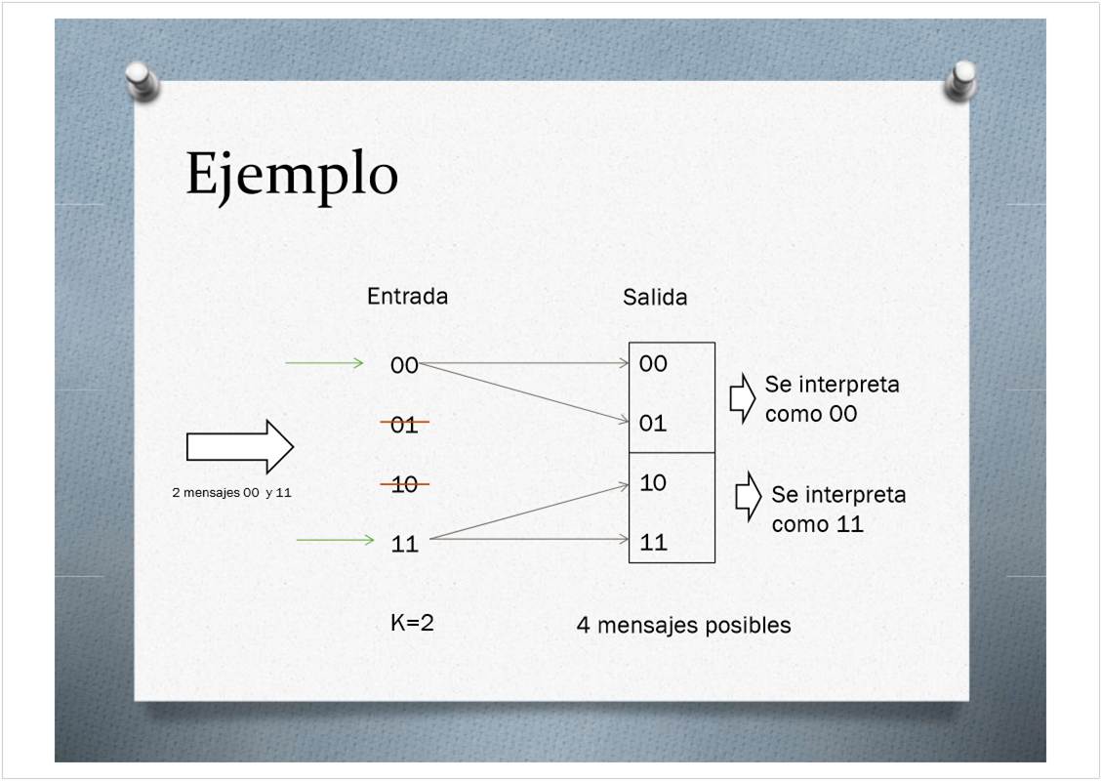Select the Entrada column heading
[x=407, y=297]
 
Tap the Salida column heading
[x=654, y=297]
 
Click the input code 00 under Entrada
[x=404, y=365]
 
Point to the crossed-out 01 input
[x=404, y=425]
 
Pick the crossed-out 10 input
[x=404, y=484]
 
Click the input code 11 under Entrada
[x=404, y=544]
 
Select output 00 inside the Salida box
[x=653, y=363]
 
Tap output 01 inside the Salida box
[x=653, y=423]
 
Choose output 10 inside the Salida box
[x=653, y=482]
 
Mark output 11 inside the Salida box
[x=653, y=542]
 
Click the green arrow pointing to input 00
[x=324, y=362]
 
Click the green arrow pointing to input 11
[x=336, y=540]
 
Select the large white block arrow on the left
[x=239, y=447]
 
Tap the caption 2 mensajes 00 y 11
[x=231, y=492]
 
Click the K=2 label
[x=412, y=622]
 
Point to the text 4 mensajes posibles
[x=683, y=625]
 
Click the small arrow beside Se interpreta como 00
[x=742, y=398]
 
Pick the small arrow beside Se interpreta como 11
[x=749, y=496]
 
